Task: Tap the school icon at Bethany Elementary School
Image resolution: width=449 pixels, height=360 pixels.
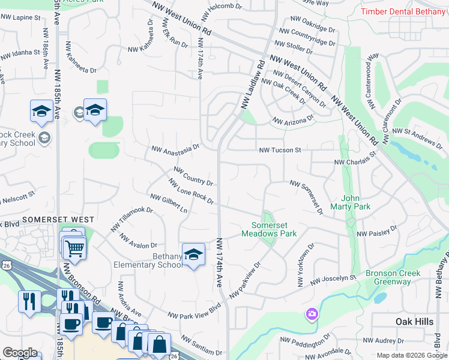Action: tap(193, 255)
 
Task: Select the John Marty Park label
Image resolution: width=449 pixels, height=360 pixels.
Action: tap(355, 202)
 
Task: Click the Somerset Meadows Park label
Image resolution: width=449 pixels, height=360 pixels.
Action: tap(270, 229)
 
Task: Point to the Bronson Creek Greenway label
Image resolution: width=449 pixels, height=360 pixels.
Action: tap(393, 277)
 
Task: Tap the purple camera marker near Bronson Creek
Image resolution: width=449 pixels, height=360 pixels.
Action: tap(312, 314)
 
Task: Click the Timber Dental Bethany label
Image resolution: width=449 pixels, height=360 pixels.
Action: tap(404, 11)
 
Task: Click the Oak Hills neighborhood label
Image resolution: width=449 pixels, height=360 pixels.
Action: tap(414, 322)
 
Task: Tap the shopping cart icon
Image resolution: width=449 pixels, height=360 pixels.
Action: tap(74, 248)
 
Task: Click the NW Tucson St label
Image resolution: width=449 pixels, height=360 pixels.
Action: tap(279, 150)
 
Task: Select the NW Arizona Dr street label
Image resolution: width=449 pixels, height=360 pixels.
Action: tap(293, 120)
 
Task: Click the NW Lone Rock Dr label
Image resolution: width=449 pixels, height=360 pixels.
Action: tap(191, 191)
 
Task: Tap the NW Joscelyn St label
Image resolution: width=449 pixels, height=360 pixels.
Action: tap(333, 280)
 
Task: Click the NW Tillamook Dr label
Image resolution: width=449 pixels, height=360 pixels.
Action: tap(131, 219)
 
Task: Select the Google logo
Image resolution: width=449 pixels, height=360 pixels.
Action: tap(20, 353)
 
